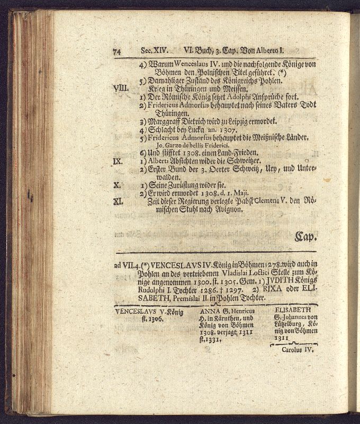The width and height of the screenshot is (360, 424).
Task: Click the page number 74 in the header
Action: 117,51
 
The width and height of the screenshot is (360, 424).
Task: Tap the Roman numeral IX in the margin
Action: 119,161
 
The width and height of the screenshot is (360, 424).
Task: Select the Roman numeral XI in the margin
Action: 119,201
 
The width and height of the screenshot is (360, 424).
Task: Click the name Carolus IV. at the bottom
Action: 297,350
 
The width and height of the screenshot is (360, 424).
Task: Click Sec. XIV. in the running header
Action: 155,51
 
